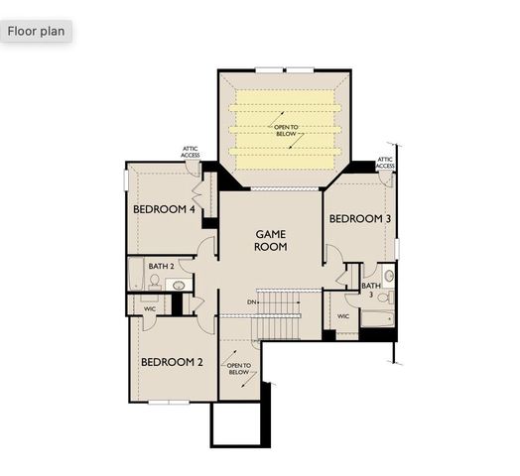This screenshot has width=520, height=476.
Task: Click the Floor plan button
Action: point(37,31)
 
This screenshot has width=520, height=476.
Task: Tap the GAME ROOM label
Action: point(271,241)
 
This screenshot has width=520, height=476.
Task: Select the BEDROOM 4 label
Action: point(164,210)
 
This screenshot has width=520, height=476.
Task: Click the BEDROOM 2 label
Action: point(171,362)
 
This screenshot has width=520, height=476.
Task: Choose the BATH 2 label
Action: point(162,266)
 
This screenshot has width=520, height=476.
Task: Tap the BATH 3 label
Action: point(370,291)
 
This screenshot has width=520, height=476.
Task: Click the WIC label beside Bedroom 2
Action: point(150,308)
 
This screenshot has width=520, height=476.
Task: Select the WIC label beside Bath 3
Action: point(343,316)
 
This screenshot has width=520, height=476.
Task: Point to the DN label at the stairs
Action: point(253,302)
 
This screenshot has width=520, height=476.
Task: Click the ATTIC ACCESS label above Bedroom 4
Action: point(191,152)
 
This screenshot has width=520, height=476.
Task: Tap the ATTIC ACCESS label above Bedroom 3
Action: point(386,162)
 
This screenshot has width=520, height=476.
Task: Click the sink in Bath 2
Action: point(179,286)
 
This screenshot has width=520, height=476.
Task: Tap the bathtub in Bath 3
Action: point(377,319)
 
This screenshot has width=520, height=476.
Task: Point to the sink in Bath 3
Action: point(389,275)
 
